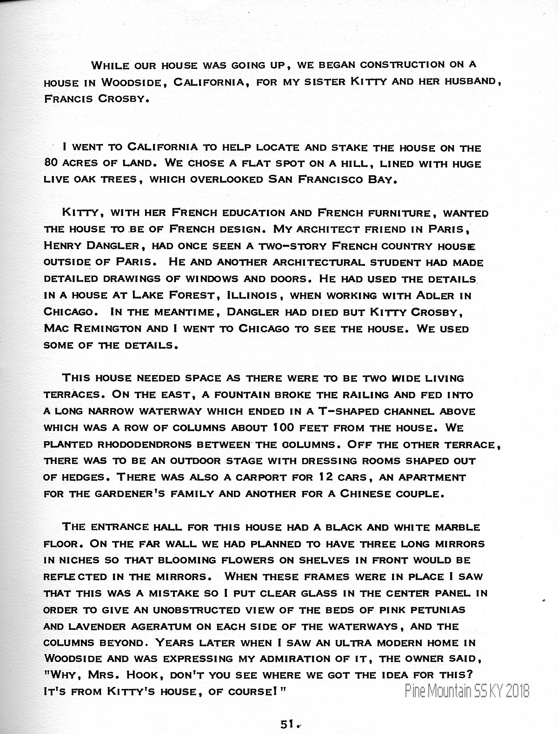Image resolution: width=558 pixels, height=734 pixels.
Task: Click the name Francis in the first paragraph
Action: click(65, 99)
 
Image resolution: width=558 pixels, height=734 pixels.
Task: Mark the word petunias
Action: click(430, 609)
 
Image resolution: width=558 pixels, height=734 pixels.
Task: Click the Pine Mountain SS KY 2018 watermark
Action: click(467, 691)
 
